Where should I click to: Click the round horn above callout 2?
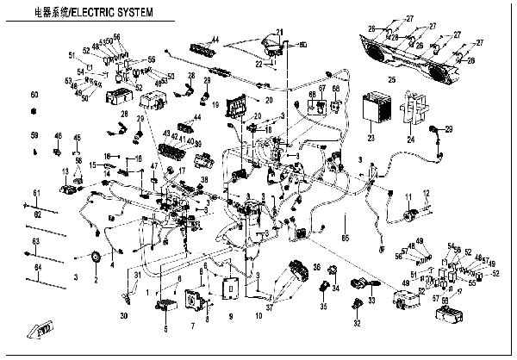click(x=95, y=258)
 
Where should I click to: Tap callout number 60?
click(x=34, y=93)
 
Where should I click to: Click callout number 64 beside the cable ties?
click(x=37, y=267)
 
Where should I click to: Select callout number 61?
click(x=37, y=191)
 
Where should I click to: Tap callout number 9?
click(x=230, y=315)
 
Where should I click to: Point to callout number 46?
click(x=58, y=136)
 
